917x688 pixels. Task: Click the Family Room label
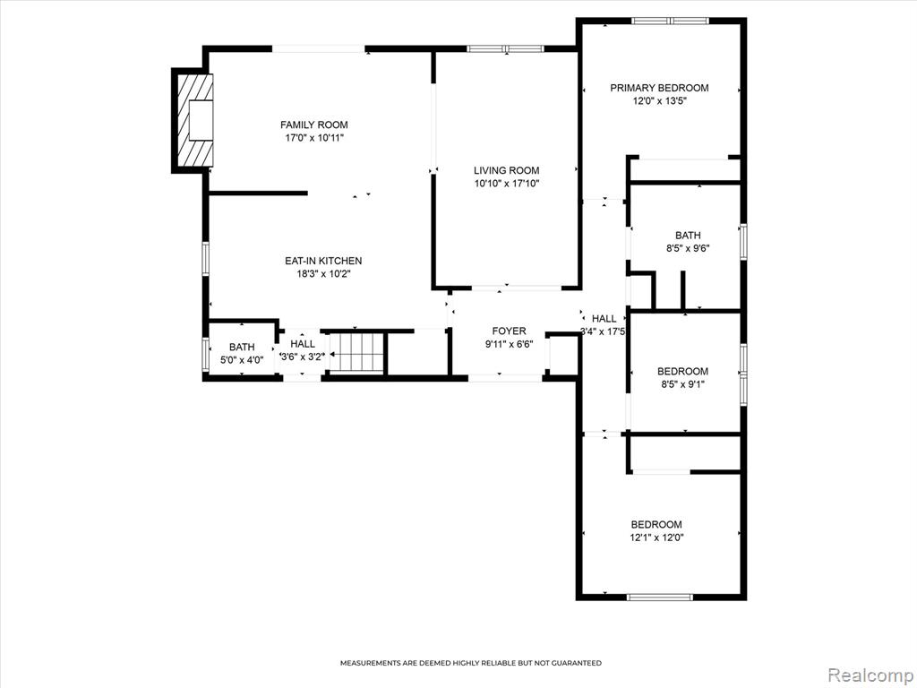(x=314, y=125)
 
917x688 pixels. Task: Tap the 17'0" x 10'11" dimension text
(x=314, y=138)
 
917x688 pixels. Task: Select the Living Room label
(x=507, y=170)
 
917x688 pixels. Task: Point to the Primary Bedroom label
(x=659, y=88)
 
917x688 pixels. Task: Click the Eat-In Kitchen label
(x=323, y=261)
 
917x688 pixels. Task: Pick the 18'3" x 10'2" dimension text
(x=323, y=274)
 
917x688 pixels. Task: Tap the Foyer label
(x=509, y=331)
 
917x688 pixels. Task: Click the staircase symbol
(x=356, y=352)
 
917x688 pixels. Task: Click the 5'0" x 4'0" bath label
(x=242, y=354)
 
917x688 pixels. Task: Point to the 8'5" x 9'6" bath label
(x=688, y=242)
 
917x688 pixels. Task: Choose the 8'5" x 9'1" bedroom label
(x=682, y=377)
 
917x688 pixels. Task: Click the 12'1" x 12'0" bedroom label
(x=656, y=531)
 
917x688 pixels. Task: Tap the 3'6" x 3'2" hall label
(x=303, y=350)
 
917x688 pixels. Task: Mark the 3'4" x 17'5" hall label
(x=604, y=324)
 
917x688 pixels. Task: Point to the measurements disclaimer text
(x=471, y=663)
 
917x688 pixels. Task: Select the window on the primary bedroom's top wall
(x=670, y=21)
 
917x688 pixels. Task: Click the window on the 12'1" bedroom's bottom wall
(x=660, y=598)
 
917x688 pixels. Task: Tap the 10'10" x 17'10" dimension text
(x=507, y=184)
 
